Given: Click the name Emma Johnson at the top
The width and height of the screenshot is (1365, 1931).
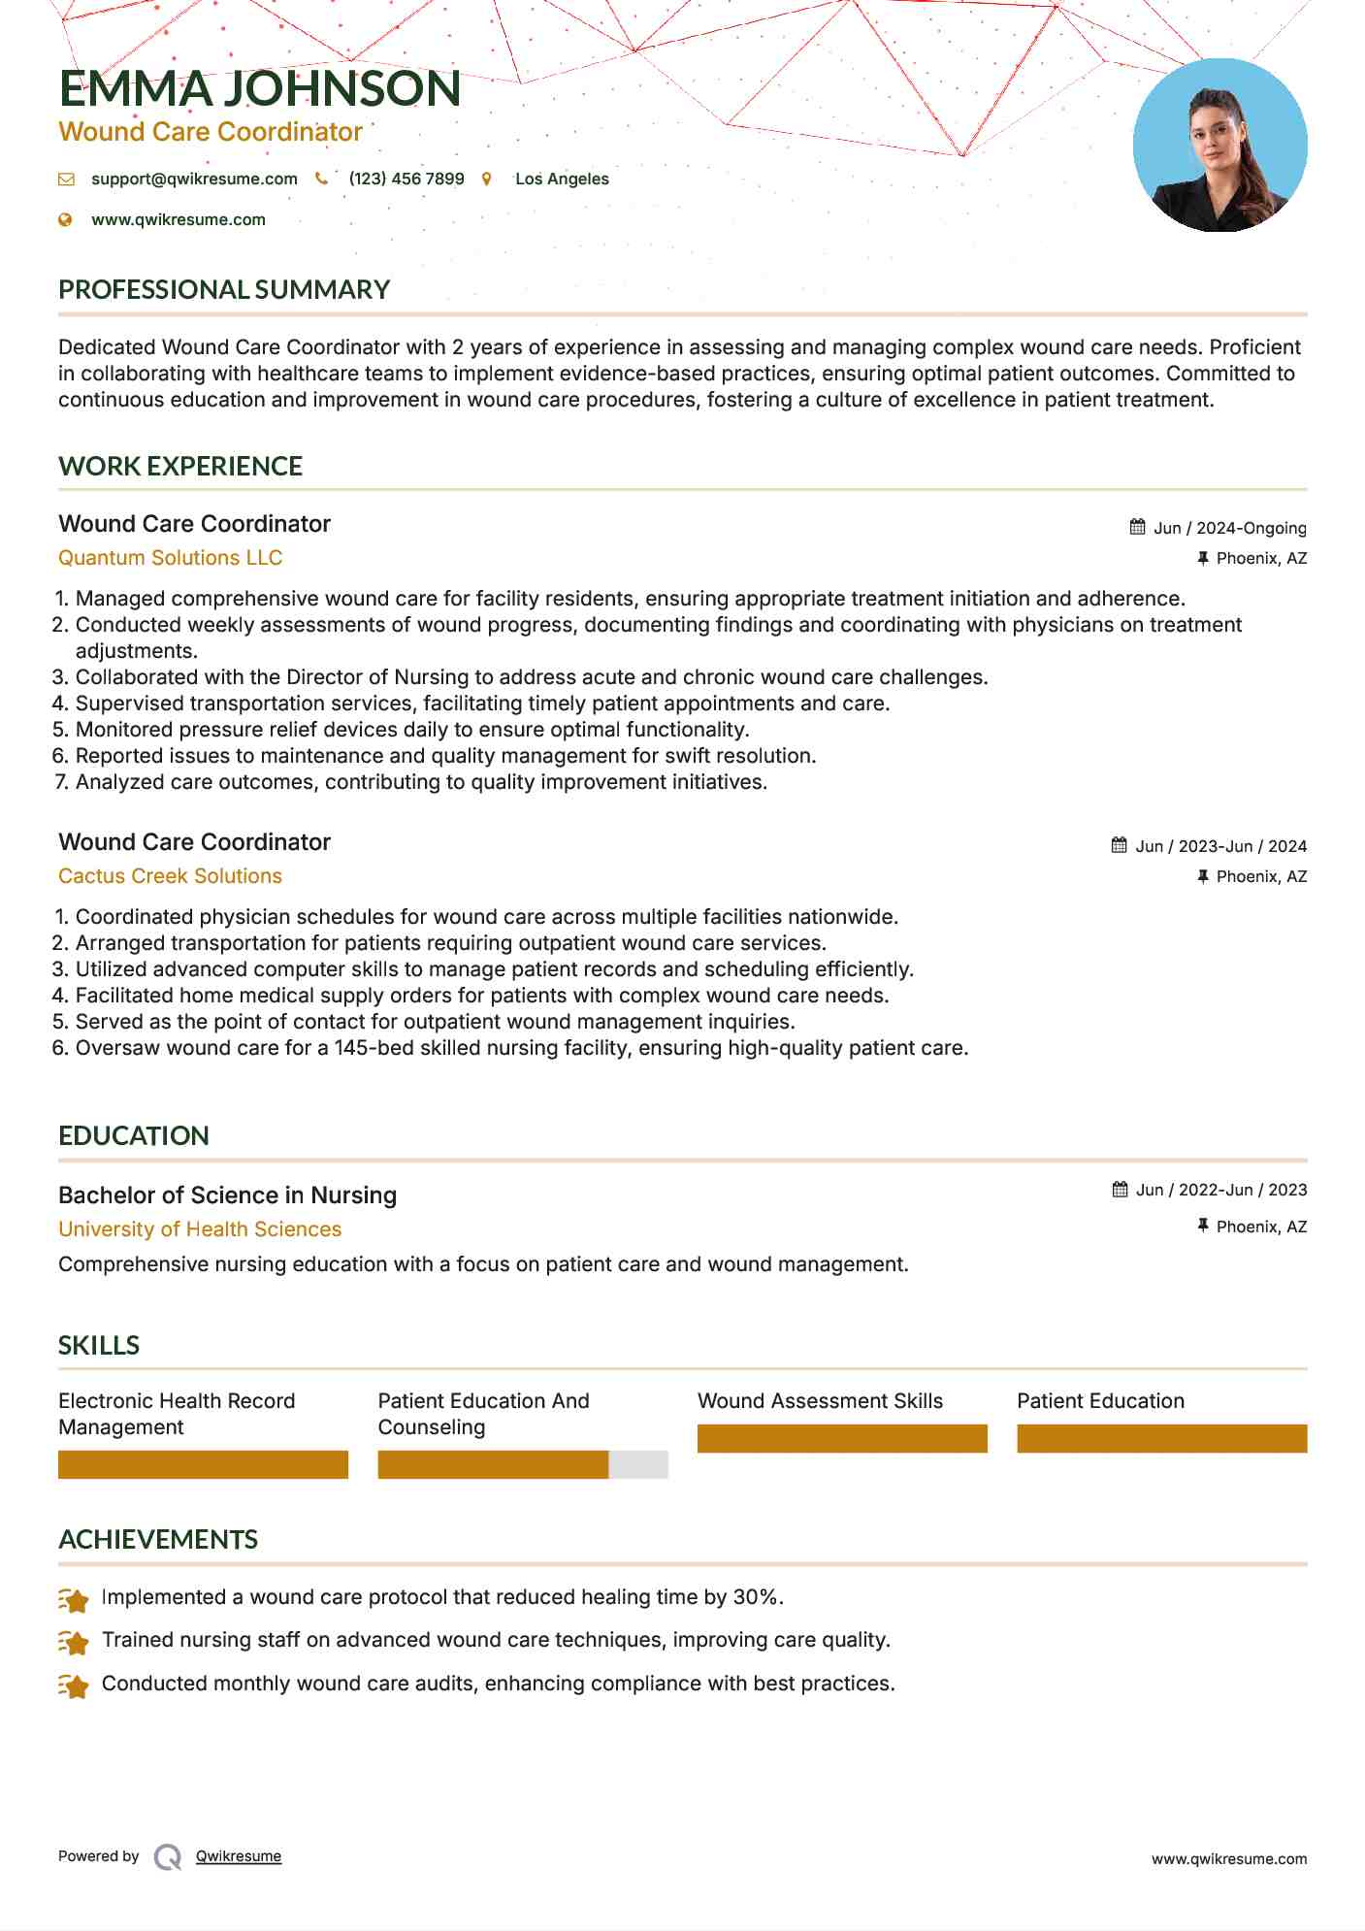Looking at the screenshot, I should pos(259,88).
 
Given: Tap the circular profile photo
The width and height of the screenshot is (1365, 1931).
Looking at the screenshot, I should pos(1219,146).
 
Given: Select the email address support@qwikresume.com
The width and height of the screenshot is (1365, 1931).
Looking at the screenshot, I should pos(194,179).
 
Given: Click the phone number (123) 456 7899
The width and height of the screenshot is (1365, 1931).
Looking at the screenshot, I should pos(406,179).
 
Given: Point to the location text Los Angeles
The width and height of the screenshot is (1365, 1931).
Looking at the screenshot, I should pos(562,179).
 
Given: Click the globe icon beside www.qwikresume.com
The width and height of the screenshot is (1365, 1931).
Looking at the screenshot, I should pos(66,219).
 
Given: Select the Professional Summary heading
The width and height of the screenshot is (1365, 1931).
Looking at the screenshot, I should pos(224,289).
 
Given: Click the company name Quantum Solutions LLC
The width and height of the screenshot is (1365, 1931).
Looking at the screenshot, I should pos(170,558).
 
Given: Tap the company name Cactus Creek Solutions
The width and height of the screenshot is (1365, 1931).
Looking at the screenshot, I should pos(170,876).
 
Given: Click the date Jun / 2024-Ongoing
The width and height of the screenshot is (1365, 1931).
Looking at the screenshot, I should pos(1229,528).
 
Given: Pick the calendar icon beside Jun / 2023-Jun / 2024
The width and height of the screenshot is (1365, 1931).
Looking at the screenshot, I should pos(1120,845).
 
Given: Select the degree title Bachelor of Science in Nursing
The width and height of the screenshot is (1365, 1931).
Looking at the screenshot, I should pos(227,1195).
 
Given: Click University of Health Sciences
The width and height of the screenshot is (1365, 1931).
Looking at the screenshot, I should pos(200,1229).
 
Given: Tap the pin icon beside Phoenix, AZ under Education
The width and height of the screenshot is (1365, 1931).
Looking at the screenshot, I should pos(1203,1227).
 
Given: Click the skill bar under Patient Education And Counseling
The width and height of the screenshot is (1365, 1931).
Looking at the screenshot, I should pos(522,1464).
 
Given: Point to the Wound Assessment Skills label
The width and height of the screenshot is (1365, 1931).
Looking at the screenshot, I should pos(820,1401).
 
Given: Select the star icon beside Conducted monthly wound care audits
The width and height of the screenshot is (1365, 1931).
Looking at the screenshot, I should pos(74,1686).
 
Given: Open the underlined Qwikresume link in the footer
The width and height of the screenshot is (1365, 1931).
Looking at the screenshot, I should pos(239,1856).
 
